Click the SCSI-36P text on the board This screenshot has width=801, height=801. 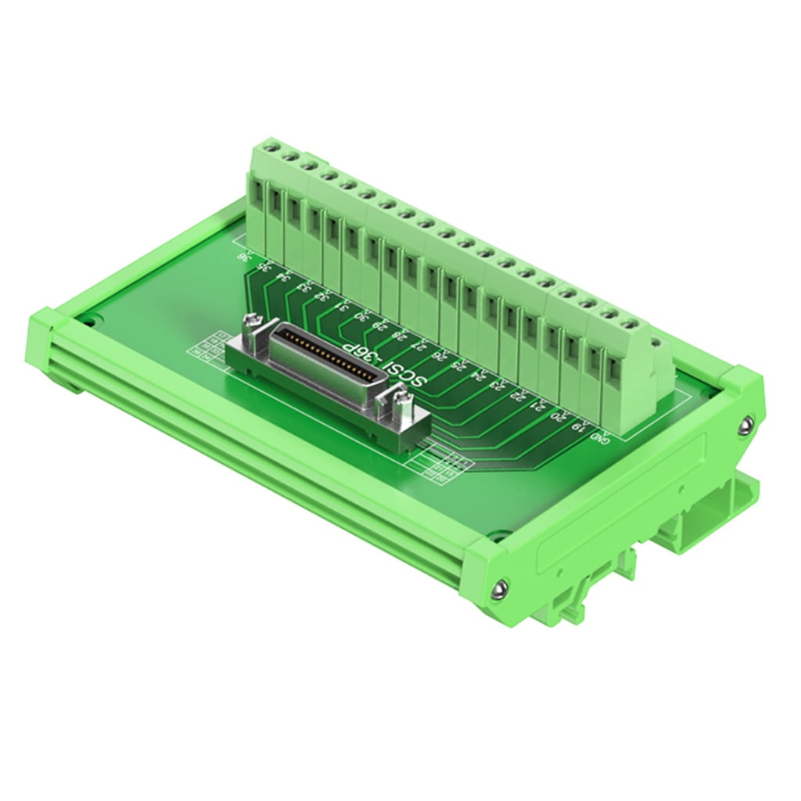point(384,362)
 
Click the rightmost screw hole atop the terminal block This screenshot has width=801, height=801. point(627,322)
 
